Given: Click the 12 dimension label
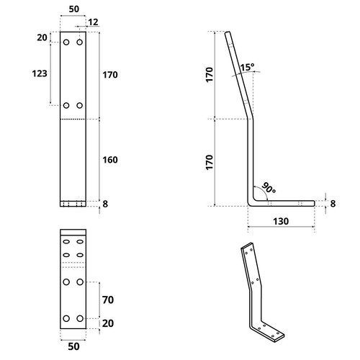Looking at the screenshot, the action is click(93, 22).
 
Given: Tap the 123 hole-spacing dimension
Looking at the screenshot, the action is click(40, 73).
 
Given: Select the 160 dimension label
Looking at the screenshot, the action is click(110, 160).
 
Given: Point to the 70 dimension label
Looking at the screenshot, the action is click(108, 300).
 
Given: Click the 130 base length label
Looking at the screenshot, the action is click(281, 221).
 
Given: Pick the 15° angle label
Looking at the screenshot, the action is click(248, 67).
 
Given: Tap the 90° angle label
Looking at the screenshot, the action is click(269, 188).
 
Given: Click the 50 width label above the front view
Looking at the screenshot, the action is click(73, 9).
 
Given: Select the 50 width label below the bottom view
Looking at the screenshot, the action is click(73, 346).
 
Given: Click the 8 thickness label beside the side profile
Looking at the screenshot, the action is click(333, 204).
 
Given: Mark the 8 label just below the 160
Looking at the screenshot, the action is click(105, 204).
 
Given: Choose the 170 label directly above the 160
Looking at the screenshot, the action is click(110, 75).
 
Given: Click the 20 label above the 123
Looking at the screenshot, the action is click(42, 37).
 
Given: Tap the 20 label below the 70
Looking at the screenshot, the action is click(108, 323).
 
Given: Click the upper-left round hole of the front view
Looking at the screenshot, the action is click(66, 42).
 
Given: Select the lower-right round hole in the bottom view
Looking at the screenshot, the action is click(80, 318).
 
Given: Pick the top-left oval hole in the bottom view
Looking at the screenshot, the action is click(66, 242).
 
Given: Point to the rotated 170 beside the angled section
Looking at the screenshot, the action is click(210, 75).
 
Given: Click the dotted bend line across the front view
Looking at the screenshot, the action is click(73, 119).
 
